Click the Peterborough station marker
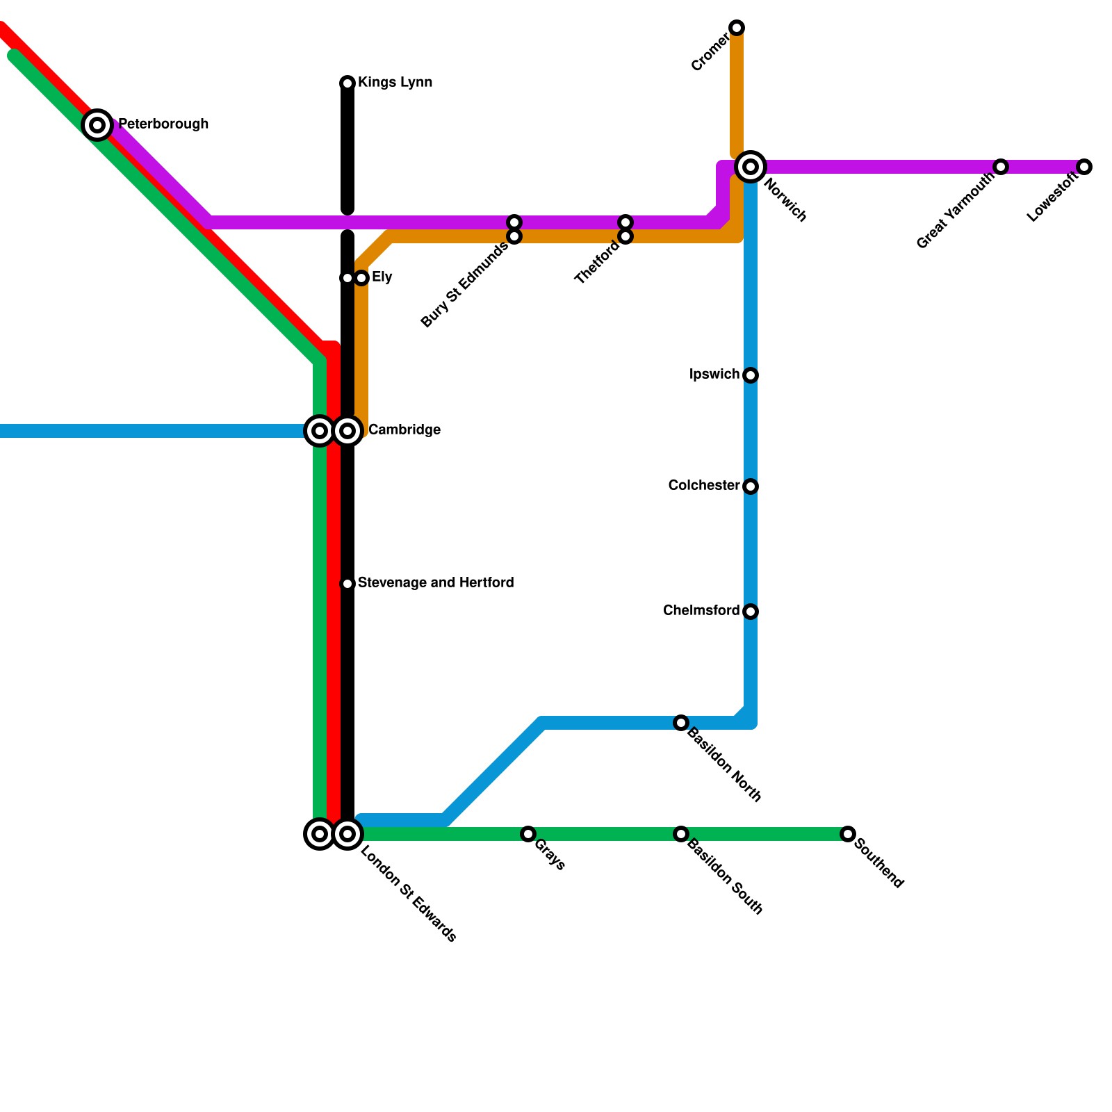(98, 125)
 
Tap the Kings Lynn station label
(395, 83)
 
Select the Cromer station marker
(737, 28)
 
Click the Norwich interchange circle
(751, 167)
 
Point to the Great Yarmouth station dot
(1000, 167)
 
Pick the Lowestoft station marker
(1084, 167)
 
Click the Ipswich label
(714, 375)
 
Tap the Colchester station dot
(751, 486)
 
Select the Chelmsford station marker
(751, 612)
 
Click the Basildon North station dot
(681, 723)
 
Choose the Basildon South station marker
(681, 834)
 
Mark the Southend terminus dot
(847, 834)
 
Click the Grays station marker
(528, 834)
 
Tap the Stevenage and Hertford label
(436, 582)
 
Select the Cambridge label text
(404, 430)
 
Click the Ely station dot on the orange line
(361, 278)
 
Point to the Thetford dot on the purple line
(625, 222)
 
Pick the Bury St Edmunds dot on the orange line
(514, 237)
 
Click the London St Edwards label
(409, 894)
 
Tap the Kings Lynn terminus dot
(347, 83)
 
